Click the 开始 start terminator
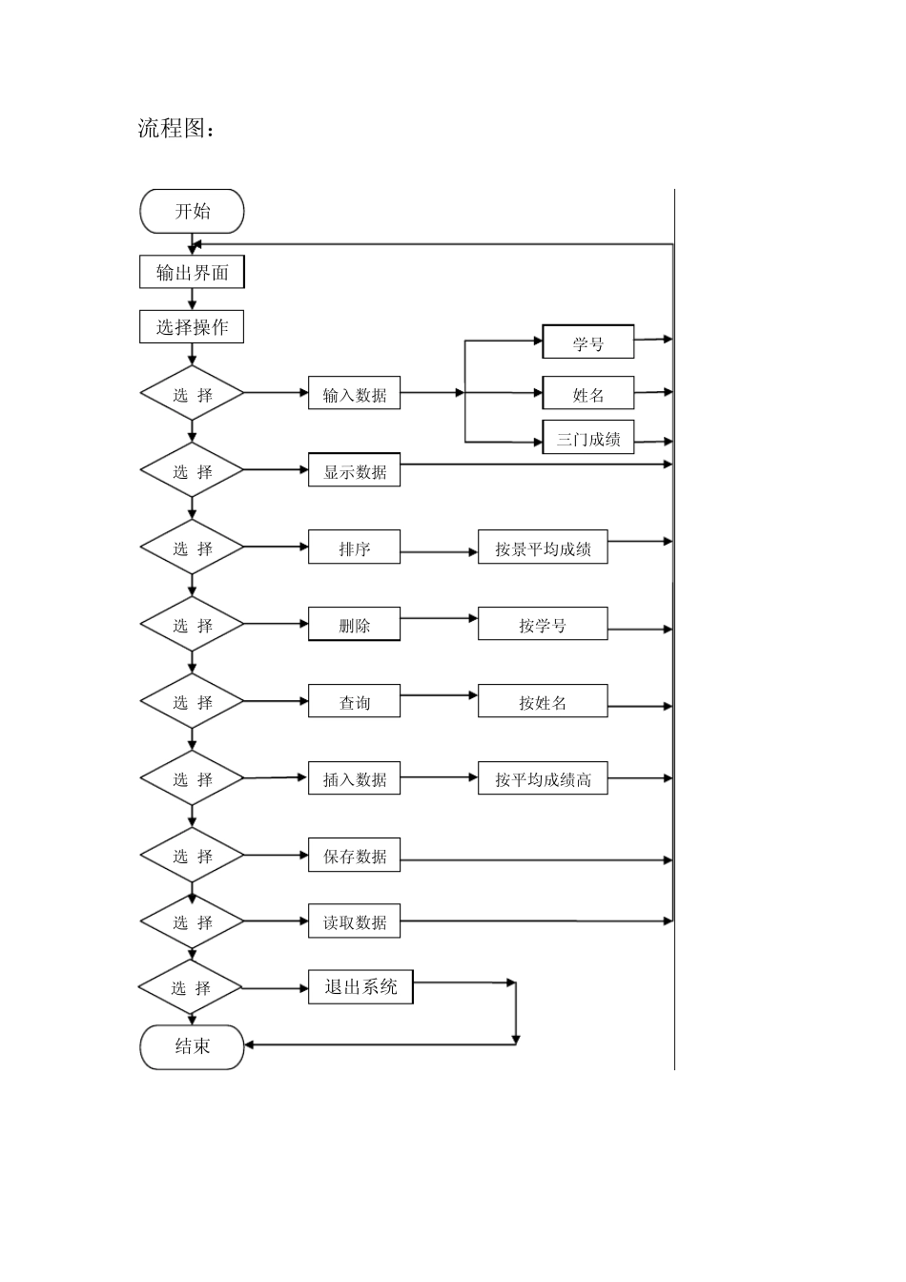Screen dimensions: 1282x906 [x=192, y=212]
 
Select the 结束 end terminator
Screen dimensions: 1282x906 [x=192, y=1046]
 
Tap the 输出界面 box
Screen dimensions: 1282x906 [x=192, y=273]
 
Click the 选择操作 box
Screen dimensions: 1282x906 [x=192, y=327]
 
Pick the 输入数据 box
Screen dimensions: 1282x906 [x=354, y=394]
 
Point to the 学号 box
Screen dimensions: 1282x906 [x=588, y=342]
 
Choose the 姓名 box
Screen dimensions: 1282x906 [x=588, y=394]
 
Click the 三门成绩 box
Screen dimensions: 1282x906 [x=588, y=438]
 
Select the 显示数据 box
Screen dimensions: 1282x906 [x=354, y=471]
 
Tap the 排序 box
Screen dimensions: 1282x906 [x=354, y=548]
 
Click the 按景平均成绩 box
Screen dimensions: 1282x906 [x=543, y=548]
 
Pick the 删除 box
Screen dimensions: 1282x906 [x=354, y=625]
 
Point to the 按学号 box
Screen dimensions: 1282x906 [x=543, y=625]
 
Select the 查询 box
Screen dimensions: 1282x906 [x=354, y=702]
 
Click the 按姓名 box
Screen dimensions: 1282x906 [x=543, y=702]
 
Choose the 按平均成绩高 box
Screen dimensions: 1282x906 [x=543, y=779]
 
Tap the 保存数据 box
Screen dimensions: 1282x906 [x=354, y=856]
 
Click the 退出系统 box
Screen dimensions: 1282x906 [x=360, y=987]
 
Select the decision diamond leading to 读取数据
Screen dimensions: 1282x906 [x=192, y=922]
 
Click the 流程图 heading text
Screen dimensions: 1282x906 [x=176, y=128]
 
